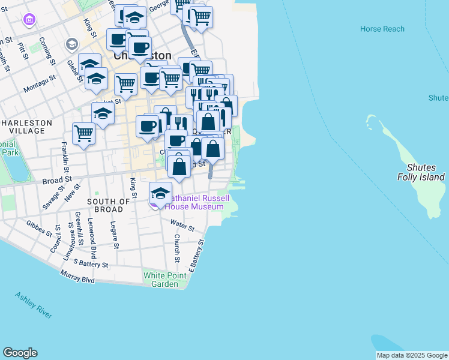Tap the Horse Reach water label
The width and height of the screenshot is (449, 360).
(x=382, y=29)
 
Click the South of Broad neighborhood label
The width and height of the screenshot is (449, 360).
(x=108, y=205)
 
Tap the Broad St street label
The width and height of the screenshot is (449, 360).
(x=57, y=179)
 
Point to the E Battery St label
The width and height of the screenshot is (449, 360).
(x=197, y=254)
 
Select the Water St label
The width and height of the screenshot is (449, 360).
(x=182, y=226)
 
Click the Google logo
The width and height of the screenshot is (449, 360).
(x=20, y=353)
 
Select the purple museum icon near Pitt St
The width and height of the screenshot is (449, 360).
(x=29, y=20)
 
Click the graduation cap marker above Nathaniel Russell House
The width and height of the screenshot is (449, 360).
(x=160, y=193)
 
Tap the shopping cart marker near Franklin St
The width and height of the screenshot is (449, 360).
(x=83, y=133)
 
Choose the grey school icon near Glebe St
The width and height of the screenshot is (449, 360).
(x=72, y=44)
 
